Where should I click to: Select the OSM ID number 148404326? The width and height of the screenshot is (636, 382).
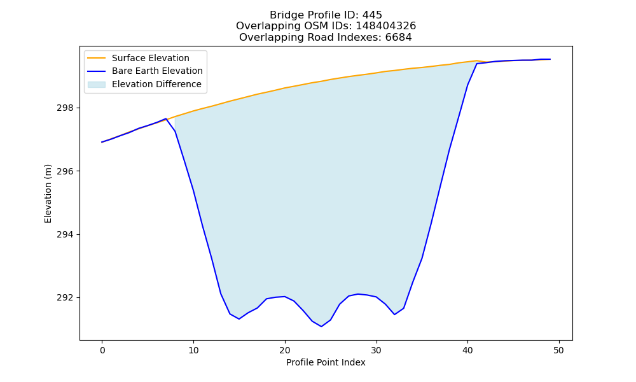[386, 26]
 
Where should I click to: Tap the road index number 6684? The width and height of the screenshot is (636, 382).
[398, 38]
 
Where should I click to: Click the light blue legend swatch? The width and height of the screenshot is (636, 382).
[97, 85]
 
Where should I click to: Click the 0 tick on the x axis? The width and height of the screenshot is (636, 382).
[102, 350]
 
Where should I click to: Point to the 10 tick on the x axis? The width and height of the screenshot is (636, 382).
[193, 350]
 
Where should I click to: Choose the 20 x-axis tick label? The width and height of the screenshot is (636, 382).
[285, 350]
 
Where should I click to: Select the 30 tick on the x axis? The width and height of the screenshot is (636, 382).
[377, 350]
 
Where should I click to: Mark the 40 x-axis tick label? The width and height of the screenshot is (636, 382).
[467, 350]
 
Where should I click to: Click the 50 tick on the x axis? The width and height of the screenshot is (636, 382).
[559, 350]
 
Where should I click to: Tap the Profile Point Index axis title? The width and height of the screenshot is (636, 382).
[326, 362]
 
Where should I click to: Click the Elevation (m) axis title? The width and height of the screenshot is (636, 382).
[48, 194]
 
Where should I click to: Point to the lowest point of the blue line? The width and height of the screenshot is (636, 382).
[321, 327]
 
